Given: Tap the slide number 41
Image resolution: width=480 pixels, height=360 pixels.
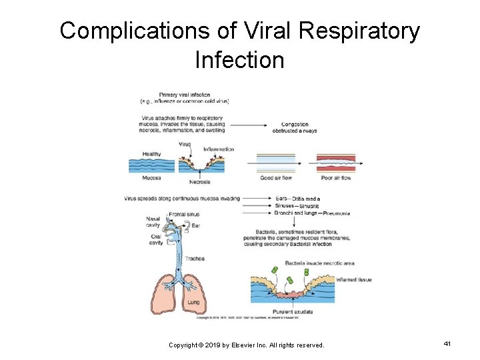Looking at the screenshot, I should coord(447,343).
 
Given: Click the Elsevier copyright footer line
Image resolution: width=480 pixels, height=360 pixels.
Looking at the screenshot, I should coord(246,345).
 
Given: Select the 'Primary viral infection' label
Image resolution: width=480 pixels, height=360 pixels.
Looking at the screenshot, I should coord(185,95).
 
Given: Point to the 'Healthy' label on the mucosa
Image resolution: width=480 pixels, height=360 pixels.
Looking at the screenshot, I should coord(151,154).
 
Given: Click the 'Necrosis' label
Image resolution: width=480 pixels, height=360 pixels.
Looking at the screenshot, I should coord(199,182).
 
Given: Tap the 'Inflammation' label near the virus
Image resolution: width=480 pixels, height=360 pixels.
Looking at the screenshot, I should coord(219,149).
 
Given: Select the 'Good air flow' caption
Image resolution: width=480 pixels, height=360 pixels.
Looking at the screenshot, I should coord(276,178).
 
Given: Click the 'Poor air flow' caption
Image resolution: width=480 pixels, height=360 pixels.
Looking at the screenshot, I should coord(335,178).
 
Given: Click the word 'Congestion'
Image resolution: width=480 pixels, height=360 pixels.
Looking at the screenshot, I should coord(295,125).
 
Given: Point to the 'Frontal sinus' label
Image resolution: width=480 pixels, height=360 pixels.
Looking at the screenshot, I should coord(184,214).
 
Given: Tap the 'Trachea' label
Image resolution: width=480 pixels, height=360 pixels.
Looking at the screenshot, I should coord(195,258).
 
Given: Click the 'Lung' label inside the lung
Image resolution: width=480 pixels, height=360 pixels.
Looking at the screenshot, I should coord(193,302).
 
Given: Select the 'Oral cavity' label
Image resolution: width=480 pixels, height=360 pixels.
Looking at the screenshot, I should coord(155,240).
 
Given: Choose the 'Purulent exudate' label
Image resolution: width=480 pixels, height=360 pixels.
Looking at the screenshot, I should coord(292,311).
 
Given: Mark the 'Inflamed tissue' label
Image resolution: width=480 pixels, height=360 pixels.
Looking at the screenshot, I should coord(354,279).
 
